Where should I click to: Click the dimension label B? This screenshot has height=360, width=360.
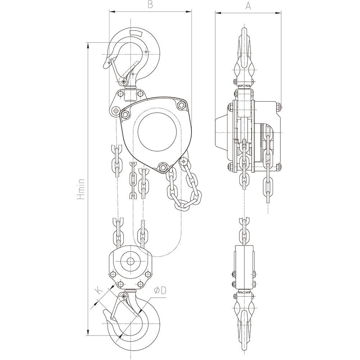150,5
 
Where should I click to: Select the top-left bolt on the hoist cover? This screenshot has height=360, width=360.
125,114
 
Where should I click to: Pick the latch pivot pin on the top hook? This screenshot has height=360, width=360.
124,82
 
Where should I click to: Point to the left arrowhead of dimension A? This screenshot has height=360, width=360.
217,13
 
